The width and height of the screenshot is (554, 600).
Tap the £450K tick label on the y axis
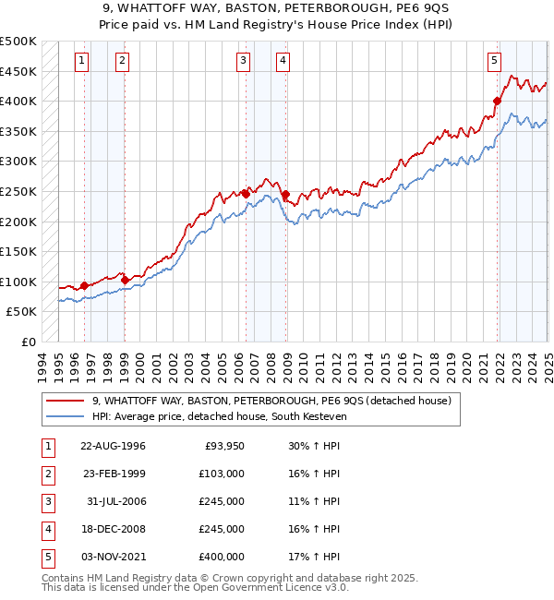pos(19,71)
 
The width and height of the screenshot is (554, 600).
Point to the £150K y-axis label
pos(19,251)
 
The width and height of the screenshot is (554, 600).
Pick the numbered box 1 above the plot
pos(82,61)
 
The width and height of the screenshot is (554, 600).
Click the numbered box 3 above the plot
pos(242,61)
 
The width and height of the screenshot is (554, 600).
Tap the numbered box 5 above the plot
pos(494,61)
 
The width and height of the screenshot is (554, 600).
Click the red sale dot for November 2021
pos(497,101)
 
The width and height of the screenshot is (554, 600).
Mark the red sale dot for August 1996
pos(84,285)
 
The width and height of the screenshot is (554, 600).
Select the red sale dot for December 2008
pos(286,194)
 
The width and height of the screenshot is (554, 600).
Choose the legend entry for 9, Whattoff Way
pos(271,401)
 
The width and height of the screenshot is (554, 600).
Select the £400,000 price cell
pos(221,557)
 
